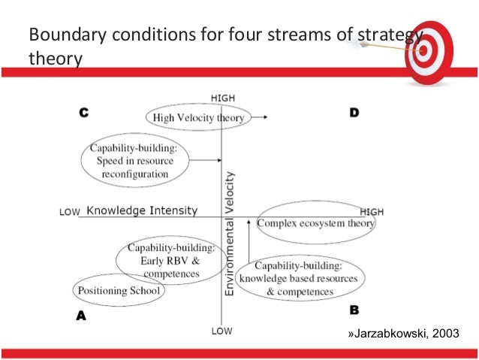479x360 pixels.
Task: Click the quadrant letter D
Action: (354, 112)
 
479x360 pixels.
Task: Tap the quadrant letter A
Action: (81, 316)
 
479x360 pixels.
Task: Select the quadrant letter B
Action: (354, 309)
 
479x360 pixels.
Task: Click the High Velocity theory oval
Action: (198, 117)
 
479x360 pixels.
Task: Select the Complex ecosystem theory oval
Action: (315, 223)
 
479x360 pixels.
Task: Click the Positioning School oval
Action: (118, 290)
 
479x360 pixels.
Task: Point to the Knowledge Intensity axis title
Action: (141, 211)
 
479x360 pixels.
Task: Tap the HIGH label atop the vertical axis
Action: (222, 98)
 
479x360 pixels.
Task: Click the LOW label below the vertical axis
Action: (221, 331)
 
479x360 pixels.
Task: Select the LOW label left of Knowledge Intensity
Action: (69, 213)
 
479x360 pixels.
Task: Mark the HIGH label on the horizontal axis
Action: (372, 211)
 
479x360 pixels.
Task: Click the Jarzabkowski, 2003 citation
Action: (402, 334)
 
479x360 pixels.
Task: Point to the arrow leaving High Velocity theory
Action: (257, 117)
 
